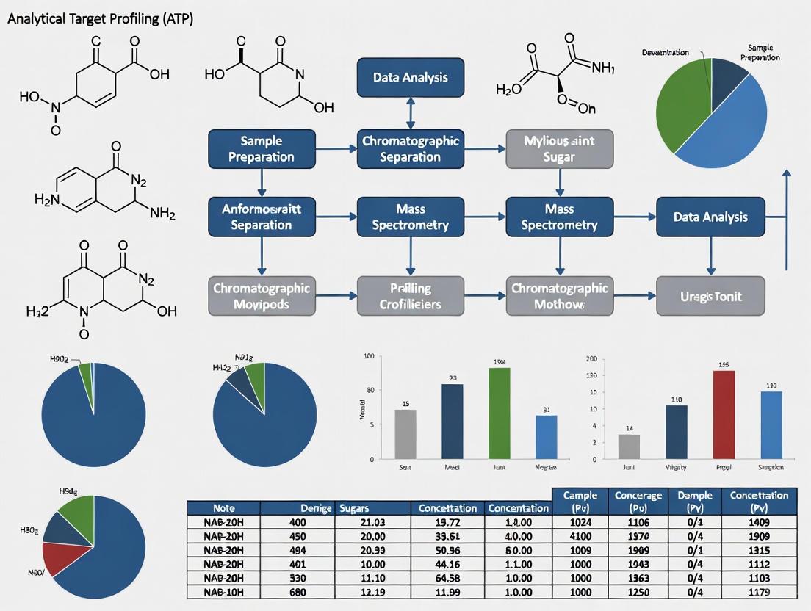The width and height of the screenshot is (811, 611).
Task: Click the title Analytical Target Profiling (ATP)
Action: (x=100, y=20)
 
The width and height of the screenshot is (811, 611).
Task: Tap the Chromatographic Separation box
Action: (x=410, y=148)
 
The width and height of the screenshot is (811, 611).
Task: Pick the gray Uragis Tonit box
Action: (x=710, y=296)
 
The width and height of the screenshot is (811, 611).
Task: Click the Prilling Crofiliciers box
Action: (x=410, y=296)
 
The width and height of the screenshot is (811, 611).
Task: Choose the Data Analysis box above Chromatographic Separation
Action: (x=410, y=77)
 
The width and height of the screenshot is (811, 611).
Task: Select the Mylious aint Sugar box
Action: (x=559, y=148)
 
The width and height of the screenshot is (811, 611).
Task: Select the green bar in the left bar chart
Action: (x=500, y=413)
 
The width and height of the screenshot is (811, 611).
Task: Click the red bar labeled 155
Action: (x=724, y=415)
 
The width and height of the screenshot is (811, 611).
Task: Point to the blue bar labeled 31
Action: (x=546, y=437)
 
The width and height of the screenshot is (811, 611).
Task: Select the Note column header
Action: (x=223, y=507)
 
